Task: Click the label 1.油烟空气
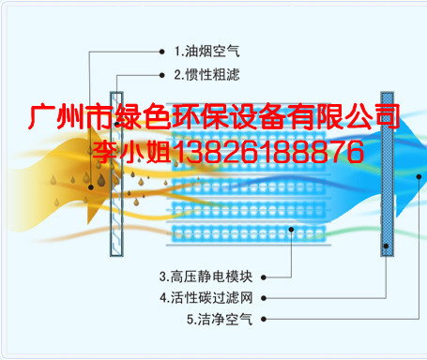[x=207, y=52]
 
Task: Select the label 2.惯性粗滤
[x=207, y=75]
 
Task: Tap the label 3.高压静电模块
[x=206, y=277]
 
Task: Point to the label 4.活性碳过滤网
[x=206, y=298]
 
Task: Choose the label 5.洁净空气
[x=220, y=319]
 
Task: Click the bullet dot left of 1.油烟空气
[x=161, y=52]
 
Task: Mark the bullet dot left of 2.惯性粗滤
[x=161, y=75]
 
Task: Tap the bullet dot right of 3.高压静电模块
[x=264, y=277]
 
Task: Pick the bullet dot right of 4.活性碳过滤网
[x=264, y=298]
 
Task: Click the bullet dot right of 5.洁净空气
[x=264, y=319]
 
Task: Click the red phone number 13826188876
[x=267, y=152]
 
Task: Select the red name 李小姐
[x=131, y=152]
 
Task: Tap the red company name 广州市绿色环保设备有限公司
[x=214, y=116]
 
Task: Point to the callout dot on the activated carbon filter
[x=386, y=247]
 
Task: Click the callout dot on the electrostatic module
[x=291, y=230]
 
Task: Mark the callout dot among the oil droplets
[x=91, y=187]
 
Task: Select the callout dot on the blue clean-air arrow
[x=419, y=177]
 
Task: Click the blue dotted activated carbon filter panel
[x=387, y=174]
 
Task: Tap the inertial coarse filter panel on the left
[x=116, y=174]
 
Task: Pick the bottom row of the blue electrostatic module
[x=249, y=233]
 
